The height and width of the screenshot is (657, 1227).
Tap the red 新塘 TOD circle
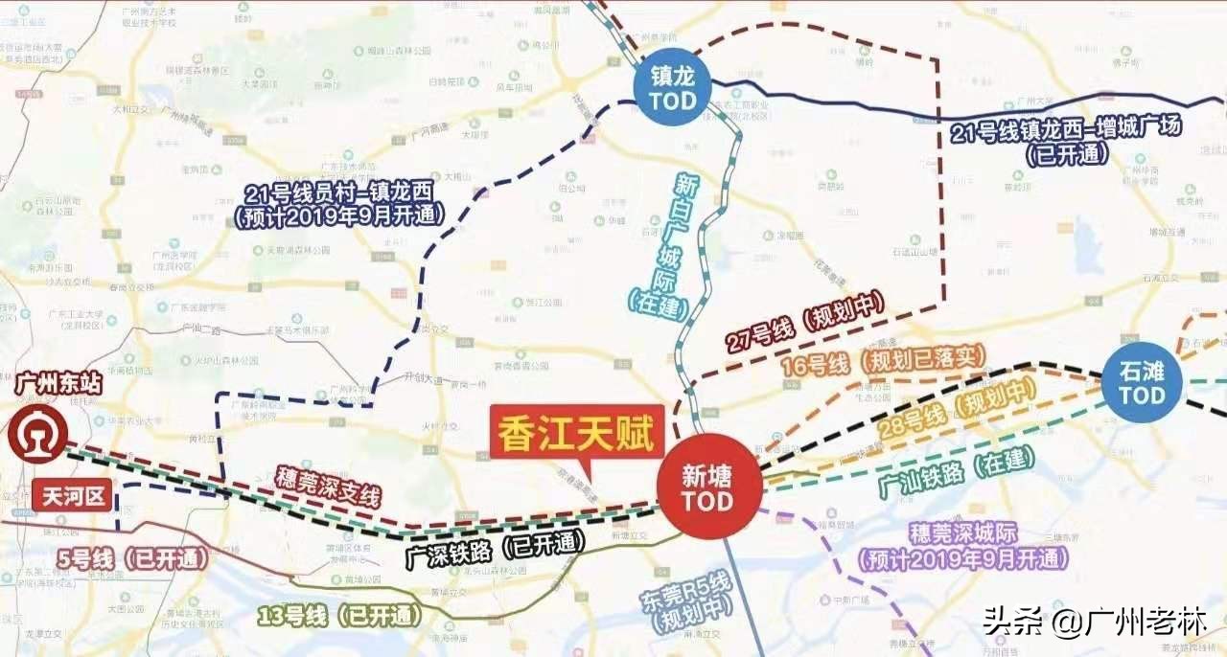708,488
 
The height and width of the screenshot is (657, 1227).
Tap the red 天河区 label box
73,496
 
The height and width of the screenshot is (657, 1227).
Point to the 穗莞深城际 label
964,546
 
